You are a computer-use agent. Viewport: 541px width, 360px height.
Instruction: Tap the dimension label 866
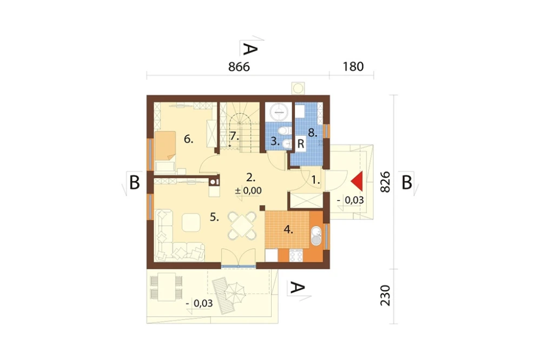[239, 67]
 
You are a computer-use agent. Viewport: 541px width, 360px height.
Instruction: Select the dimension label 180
[353, 66]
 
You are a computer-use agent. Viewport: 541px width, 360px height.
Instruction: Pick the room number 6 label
[188, 139]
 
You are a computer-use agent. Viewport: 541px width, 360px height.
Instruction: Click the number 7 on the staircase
[234, 136]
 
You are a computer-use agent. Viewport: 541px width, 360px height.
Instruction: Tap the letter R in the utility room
[300, 143]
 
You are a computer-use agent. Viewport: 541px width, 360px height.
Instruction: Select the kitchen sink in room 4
[316, 236]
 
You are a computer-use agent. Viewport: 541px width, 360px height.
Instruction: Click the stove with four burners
[296, 255]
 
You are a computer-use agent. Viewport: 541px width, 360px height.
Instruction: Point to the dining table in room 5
[242, 225]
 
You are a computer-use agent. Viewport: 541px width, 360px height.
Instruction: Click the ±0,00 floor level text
[248, 191]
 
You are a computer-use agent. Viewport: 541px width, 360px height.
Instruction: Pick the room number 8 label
[313, 132]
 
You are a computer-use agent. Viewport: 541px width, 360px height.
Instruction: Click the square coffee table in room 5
[191, 222]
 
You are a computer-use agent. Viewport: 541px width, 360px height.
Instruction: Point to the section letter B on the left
[135, 182]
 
